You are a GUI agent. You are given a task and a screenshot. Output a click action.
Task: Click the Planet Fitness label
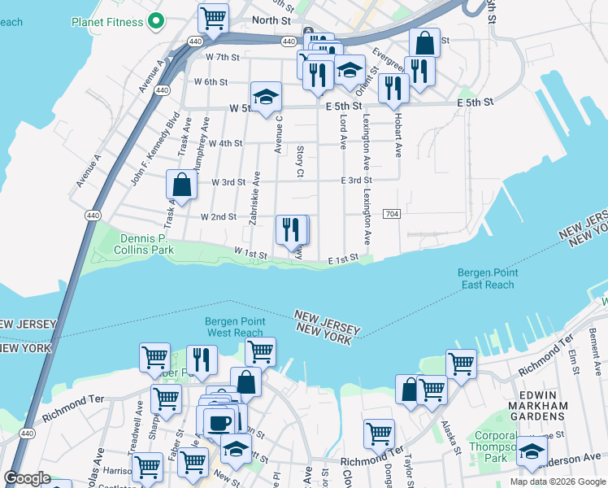[106, 22]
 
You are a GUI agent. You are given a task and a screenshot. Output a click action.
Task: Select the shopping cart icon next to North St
[213, 17]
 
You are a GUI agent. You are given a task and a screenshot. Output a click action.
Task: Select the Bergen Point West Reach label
[234, 327]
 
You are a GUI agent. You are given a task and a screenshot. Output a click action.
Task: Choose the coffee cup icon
[218, 421]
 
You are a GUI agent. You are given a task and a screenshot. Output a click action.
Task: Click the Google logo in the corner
[27, 478]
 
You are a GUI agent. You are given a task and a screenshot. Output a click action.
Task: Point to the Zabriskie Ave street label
[255, 198]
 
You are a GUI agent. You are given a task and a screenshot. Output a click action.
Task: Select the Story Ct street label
[300, 161]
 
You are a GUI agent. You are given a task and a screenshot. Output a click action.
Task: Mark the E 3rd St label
[356, 181]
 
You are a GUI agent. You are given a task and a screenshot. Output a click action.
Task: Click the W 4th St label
[225, 143]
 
